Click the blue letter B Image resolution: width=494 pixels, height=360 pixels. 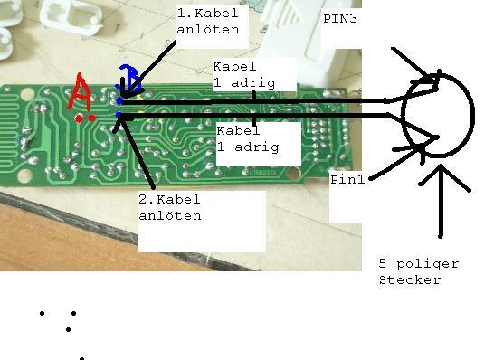point(129,79)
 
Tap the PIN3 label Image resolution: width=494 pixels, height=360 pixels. point(340,19)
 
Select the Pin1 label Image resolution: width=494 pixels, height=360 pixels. point(347,180)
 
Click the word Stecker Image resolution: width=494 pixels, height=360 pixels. point(410,280)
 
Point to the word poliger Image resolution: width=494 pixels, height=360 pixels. point(427,264)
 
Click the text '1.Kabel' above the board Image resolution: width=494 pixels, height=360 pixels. point(207,14)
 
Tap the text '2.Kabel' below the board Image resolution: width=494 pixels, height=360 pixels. point(169,199)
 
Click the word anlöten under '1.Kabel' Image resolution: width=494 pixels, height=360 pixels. point(208,29)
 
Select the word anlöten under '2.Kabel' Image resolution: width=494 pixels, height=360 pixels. point(170,216)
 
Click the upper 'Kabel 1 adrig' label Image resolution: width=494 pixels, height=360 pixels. point(244,75)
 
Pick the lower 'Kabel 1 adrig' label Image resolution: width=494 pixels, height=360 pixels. point(248,138)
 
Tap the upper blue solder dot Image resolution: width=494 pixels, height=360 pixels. point(119,100)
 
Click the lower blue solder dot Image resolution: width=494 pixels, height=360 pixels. point(119,115)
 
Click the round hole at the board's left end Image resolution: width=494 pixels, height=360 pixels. point(27,94)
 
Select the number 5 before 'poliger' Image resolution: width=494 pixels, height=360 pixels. point(382,263)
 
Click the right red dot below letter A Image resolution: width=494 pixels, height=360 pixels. point(91,118)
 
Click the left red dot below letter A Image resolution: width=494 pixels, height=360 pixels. point(79,118)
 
